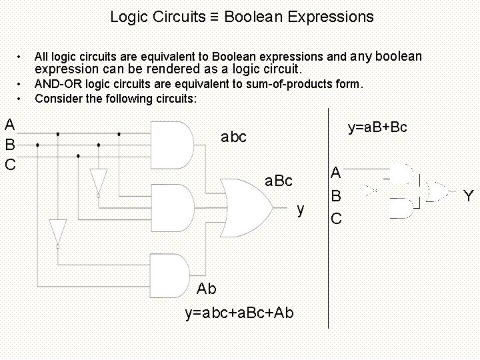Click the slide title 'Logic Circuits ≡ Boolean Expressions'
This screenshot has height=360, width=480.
click(242, 16)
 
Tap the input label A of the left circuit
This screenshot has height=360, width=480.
click(10, 124)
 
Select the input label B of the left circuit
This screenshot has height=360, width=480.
click(10, 144)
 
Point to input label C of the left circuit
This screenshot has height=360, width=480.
click(10, 163)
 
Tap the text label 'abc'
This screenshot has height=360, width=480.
click(233, 137)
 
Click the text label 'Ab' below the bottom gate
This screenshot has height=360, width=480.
click(207, 289)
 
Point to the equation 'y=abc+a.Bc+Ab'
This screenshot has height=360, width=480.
click(242, 313)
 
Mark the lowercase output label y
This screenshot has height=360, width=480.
click(301, 210)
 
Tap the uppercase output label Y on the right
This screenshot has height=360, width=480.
click(469, 195)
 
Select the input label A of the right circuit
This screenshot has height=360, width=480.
click(337, 173)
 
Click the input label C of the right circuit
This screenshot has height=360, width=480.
click(337, 218)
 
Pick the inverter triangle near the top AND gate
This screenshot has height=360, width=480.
click(99, 181)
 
